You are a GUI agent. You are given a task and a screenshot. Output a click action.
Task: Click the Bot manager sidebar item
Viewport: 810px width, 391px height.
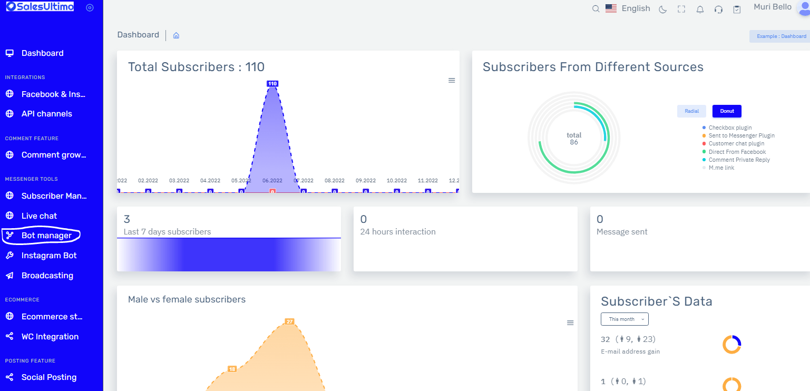tap(46, 236)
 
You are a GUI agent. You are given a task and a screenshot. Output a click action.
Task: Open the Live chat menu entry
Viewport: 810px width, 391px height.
tap(39, 216)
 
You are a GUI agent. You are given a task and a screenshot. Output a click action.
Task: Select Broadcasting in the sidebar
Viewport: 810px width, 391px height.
tap(47, 276)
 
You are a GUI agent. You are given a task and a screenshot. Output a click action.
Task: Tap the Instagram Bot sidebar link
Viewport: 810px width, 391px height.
tap(49, 256)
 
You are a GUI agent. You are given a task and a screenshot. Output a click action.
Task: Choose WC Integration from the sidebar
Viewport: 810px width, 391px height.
tap(50, 337)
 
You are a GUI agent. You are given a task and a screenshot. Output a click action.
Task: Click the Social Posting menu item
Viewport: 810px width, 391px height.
tap(48, 377)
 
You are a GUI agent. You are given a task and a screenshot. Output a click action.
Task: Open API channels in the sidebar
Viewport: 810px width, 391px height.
tap(46, 114)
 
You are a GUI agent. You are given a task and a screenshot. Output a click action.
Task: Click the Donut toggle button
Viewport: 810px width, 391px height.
tap(727, 111)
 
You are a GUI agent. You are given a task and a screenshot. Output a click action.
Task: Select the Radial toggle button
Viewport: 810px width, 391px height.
tap(691, 111)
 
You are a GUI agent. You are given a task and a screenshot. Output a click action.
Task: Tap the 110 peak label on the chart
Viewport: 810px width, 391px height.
tap(272, 84)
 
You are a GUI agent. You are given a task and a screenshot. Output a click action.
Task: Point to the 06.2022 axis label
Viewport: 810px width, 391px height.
tap(272, 180)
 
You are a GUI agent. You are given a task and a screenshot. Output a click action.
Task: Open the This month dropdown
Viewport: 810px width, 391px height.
tap(624, 319)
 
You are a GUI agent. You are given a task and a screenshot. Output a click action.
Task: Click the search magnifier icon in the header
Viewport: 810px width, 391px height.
tap(596, 9)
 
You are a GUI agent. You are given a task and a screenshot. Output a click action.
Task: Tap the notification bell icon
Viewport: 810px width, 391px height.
tap(700, 9)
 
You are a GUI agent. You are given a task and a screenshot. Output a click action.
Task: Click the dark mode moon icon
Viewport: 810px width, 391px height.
tap(663, 9)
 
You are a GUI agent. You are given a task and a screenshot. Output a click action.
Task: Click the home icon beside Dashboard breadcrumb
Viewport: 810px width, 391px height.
tap(177, 35)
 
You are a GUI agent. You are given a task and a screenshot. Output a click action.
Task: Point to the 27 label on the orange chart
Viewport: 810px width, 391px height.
tap(289, 321)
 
